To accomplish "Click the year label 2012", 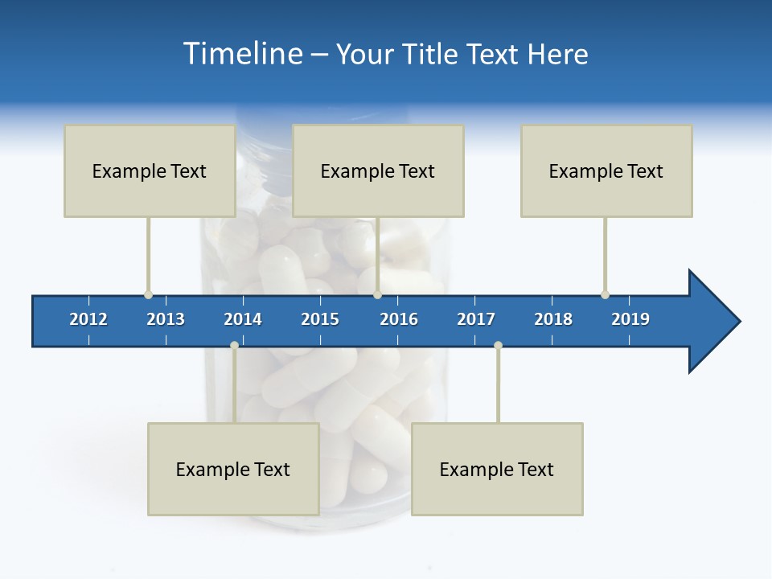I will click(x=88, y=319).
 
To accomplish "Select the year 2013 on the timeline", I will click(x=166, y=319).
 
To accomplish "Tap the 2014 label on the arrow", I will click(x=243, y=319).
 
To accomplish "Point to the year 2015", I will click(x=320, y=319).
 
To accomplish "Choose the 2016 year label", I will click(x=399, y=319).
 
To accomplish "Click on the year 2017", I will click(x=476, y=319).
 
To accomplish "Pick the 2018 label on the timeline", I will click(x=553, y=319).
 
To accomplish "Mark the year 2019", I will click(x=630, y=319).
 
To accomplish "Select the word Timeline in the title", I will click(x=241, y=54).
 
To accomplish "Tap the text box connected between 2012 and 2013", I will click(x=150, y=170).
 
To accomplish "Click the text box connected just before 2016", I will click(x=378, y=170).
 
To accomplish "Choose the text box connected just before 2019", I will click(x=606, y=170).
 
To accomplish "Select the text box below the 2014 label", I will click(x=233, y=469).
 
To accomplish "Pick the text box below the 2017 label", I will click(x=497, y=469).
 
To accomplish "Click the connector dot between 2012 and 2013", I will click(x=148, y=294).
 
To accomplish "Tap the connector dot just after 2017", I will click(x=498, y=345).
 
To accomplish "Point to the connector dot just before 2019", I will click(x=605, y=294).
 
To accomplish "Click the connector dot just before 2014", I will click(x=234, y=345).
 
